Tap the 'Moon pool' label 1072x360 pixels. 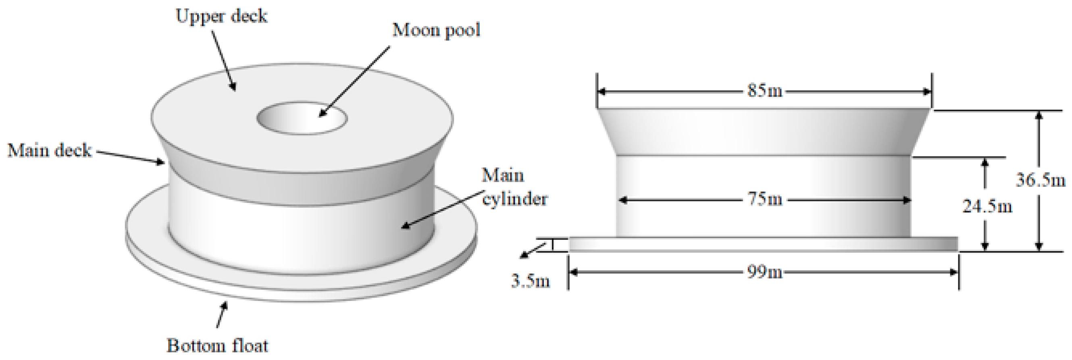tap(436, 30)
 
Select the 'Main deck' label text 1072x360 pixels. tap(49, 150)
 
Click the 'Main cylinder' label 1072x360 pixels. tap(514, 187)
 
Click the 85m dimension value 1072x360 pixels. tap(764, 91)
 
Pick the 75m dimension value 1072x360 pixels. tap(765, 200)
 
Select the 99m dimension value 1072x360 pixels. tap(764, 273)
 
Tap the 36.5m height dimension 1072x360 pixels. tap(1041, 180)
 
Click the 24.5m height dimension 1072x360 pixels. tap(987, 206)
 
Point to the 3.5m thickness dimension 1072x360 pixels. tap(530, 282)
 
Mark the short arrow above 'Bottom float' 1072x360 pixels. tap(222, 314)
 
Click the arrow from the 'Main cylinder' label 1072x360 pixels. tap(441, 210)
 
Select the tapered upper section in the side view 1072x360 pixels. tap(763, 132)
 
